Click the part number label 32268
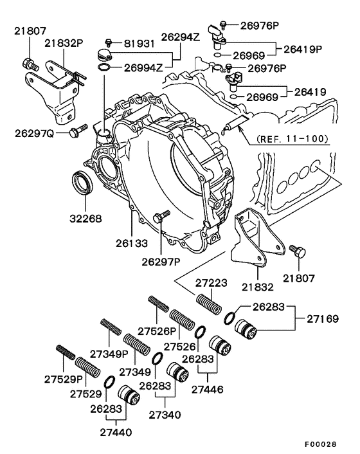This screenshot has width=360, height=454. coord(86,218)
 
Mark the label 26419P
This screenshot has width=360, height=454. coord(303,48)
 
